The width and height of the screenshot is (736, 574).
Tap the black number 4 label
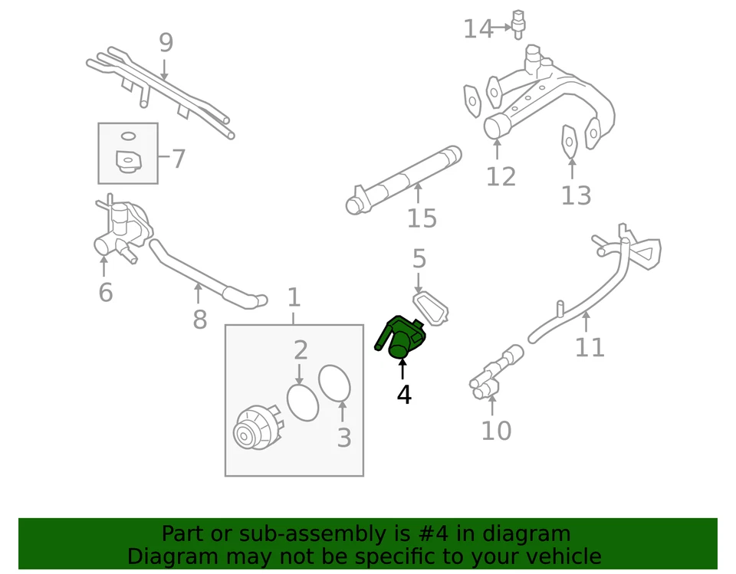pyautogui.click(x=404, y=395)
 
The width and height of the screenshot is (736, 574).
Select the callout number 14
pyautogui.click(x=478, y=29)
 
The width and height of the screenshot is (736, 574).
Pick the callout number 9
pyautogui.click(x=166, y=43)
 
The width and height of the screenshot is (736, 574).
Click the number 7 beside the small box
pyautogui.click(x=178, y=159)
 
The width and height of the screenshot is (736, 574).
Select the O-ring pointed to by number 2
pyautogui.click(x=303, y=402)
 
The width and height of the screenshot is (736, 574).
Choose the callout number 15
pyautogui.click(x=422, y=218)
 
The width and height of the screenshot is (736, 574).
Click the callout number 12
pyautogui.click(x=501, y=177)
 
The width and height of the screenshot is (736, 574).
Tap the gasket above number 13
pyautogui.click(x=570, y=141)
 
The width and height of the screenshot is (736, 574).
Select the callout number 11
pyautogui.click(x=590, y=347)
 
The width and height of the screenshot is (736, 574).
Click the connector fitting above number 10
pyautogui.click(x=495, y=373)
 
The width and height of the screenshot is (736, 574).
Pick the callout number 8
pyautogui.click(x=199, y=320)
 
